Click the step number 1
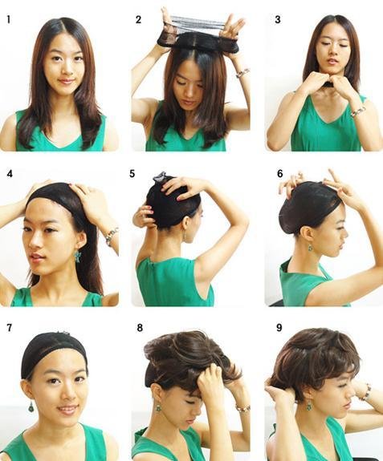pos(9,20)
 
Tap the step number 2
pos(139,20)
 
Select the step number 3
pos(278,20)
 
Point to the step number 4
pos(10,174)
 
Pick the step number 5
pos(132,174)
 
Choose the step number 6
pos(279,174)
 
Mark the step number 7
pos(9,328)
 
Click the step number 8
pos(140,328)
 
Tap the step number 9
pos(279,328)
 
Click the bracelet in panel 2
pos(242,73)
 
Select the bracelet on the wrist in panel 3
pos(357,111)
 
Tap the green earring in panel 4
pos(79,256)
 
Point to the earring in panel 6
pos(311,247)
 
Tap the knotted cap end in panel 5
pos(159,176)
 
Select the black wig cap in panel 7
pos(54,352)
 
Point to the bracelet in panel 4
pos(112,236)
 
